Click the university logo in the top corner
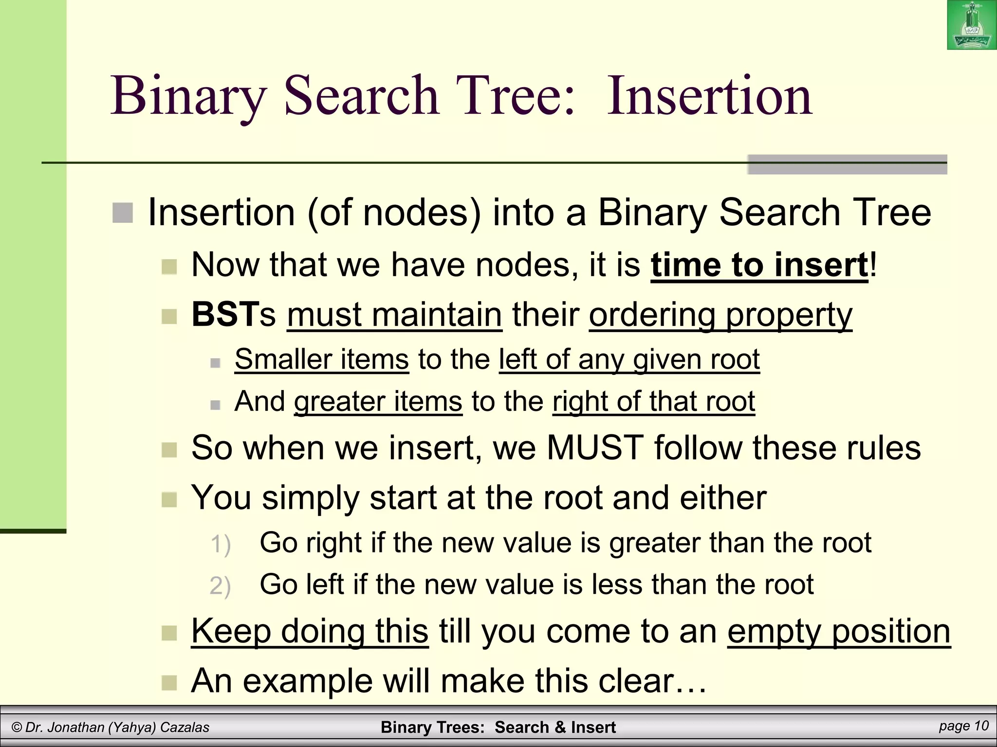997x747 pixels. (x=971, y=25)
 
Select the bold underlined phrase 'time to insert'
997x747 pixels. (x=759, y=265)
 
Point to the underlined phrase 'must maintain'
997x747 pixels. (x=394, y=315)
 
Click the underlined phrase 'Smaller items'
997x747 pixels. (x=321, y=359)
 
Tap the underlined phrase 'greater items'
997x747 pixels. (x=378, y=402)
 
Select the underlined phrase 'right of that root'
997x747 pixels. (x=654, y=402)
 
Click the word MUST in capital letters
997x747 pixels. (x=595, y=447)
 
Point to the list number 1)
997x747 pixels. (x=220, y=544)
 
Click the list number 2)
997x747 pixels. (x=220, y=586)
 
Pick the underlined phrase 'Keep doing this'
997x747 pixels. (x=310, y=631)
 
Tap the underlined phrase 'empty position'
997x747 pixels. (x=838, y=631)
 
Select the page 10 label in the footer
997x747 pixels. (x=963, y=726)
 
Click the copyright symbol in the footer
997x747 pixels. (x=17, y=728)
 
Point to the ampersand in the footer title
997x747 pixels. (x=560, y=728)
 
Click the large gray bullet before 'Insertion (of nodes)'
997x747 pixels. (x=123, y=213)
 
